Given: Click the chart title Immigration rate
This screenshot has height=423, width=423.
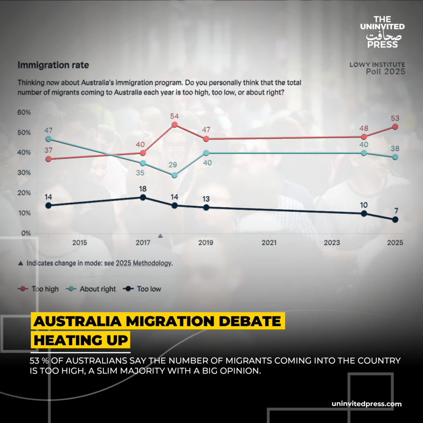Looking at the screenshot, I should (x=53, y=65).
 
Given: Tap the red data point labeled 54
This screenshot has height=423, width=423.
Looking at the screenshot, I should (x=174, y=125).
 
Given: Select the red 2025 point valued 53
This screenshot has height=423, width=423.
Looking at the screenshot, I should (x=395, y=127).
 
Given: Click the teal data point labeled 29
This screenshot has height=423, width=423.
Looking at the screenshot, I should (x=174, y=175).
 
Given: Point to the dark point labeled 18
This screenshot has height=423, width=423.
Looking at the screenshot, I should (x=143, y=197).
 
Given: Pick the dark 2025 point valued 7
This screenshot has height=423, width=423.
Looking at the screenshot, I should (x=395, y=219).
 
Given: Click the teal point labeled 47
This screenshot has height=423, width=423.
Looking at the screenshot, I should (x=48, y=139).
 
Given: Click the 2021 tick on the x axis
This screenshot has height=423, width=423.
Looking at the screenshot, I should (x=269, y=242).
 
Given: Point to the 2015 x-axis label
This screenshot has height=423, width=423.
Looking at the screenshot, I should (x=79, y=242).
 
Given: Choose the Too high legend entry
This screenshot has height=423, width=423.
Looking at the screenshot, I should (x=40, y=289).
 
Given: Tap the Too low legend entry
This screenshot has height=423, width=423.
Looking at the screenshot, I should (x=143, y=289).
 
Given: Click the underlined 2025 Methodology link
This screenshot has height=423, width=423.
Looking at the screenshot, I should (x=143, y=263).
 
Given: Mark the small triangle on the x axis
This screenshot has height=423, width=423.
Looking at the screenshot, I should (x=160, y=236).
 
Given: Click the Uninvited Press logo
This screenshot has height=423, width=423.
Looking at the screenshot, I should (x=383, y=31).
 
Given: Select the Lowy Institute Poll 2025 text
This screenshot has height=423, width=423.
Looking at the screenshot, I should (x=377, y=68).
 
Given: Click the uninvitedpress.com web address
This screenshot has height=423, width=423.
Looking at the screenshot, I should (x=366, y=404).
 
